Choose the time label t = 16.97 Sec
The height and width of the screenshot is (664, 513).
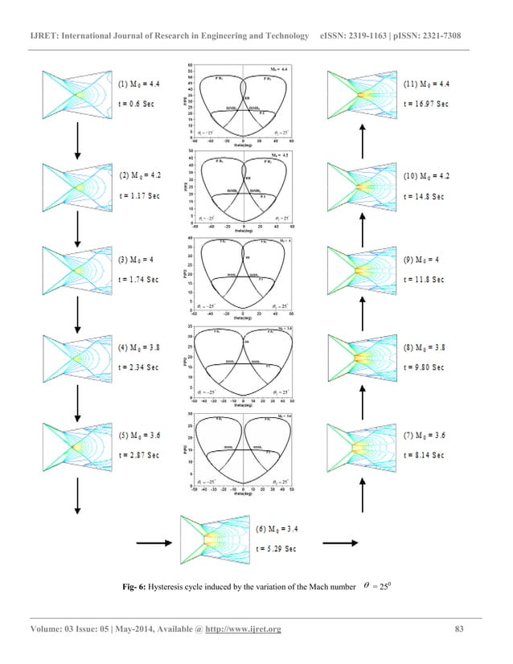[x=425, y=105]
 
